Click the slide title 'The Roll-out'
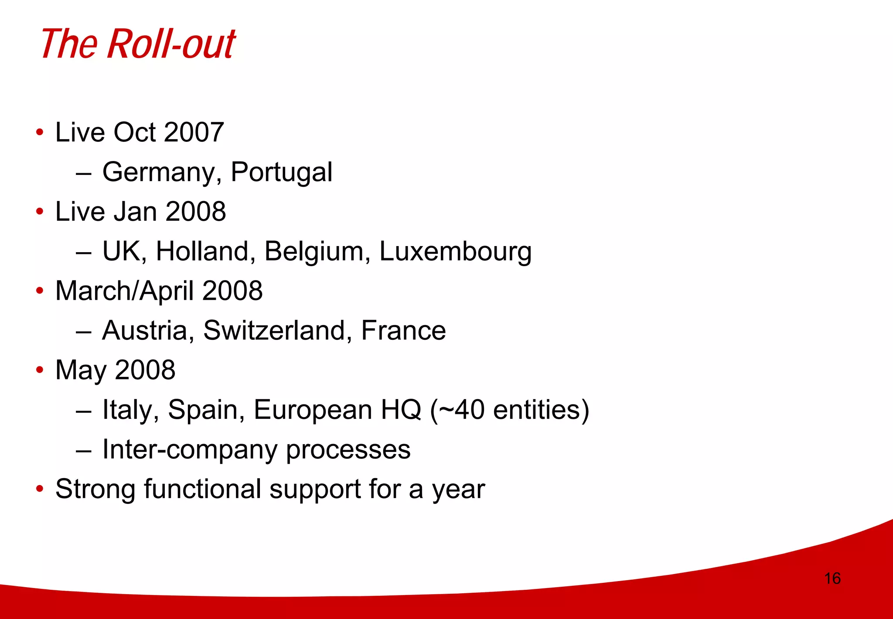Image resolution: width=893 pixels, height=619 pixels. [138, 44]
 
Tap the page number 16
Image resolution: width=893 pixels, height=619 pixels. [832, 578]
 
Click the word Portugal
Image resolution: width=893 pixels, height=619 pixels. [281, 172]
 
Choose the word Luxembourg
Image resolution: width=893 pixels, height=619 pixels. [455, 252]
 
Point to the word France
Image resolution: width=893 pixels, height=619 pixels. [403, 331]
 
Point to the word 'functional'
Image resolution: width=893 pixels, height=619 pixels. [202, 489]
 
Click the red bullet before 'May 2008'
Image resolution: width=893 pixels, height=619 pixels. [40, 370]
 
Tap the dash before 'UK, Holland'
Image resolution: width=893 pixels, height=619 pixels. [83, 253]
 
